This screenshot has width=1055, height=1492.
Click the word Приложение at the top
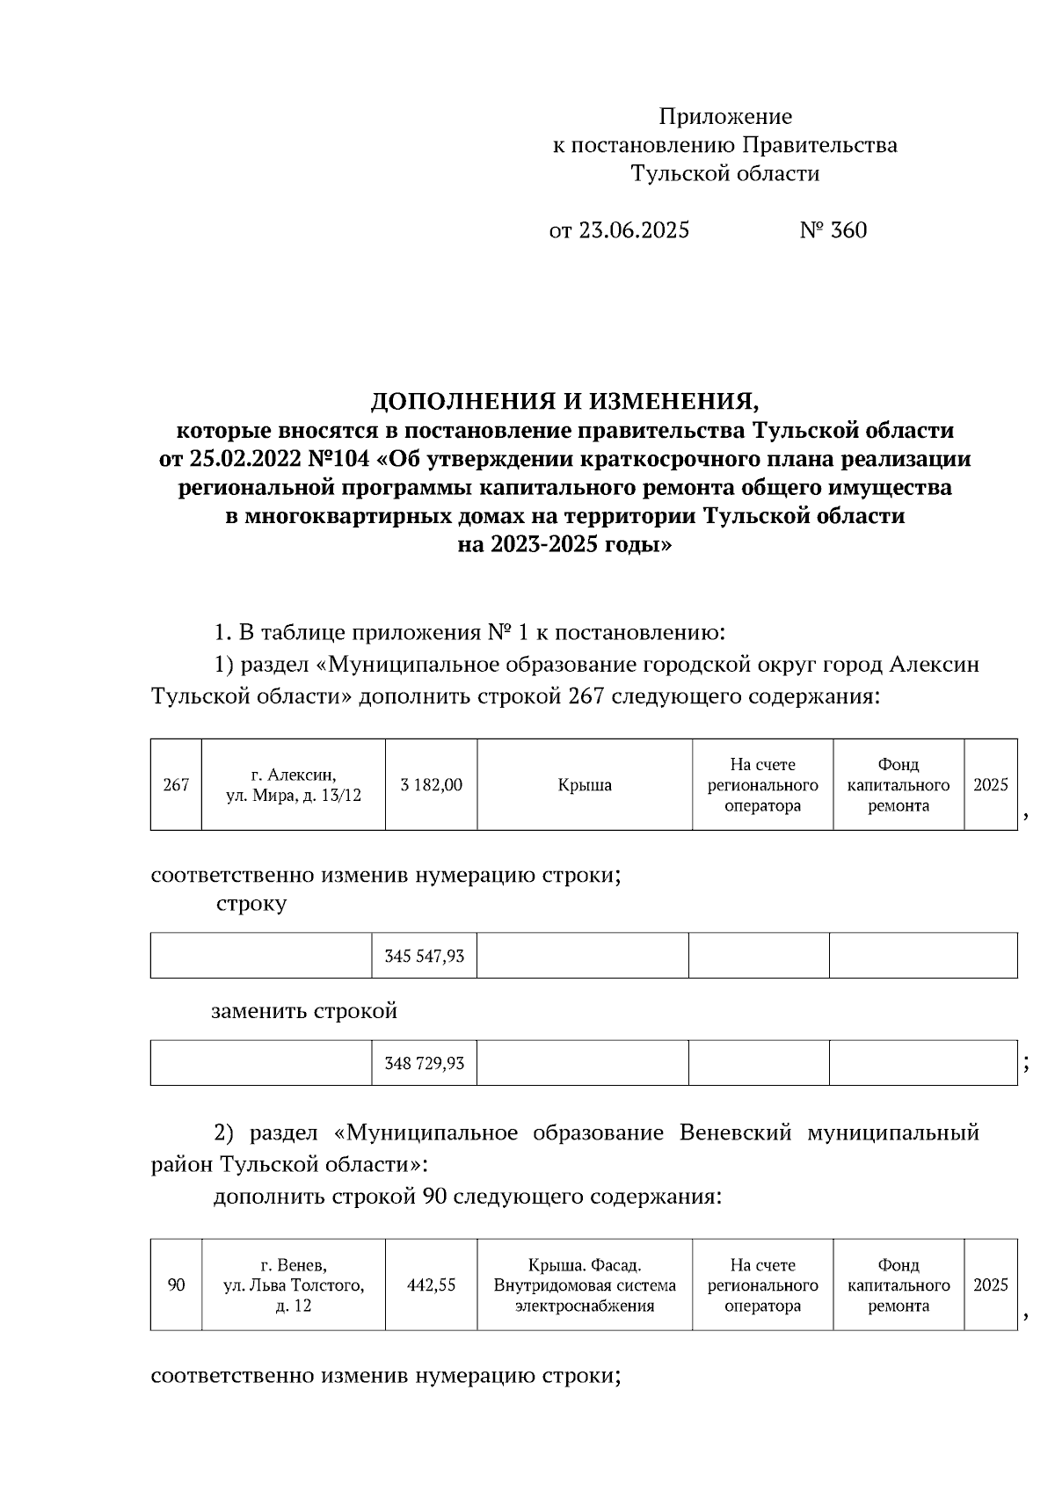[x=725, y=117]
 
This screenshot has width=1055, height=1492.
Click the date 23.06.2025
[x=633, y=230]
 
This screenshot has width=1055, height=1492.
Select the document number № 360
[x=833, y=230]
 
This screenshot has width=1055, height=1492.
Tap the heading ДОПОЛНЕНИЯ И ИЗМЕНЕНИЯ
[x=564, y=402]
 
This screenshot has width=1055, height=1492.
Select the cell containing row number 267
[x=176, y=785]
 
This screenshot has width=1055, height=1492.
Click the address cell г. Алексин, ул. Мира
[x=294, y=785]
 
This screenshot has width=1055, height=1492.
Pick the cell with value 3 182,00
[x=431, y=785]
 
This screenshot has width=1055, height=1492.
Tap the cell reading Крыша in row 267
[x=585, y=785]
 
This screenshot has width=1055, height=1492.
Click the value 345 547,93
[x=424, y=956]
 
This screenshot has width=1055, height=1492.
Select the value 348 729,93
[x=424, y=1064]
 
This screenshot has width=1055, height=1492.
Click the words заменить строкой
[x=304, y=1011]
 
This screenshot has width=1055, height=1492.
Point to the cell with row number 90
[x=176, y=1285]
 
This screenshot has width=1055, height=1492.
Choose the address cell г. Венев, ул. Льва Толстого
[x=294, y=1285]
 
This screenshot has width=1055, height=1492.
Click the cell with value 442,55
[x=431, y=1285]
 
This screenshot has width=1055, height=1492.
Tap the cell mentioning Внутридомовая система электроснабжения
[x=585, y=1285]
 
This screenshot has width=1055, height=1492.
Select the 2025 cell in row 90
[x=990, y=1285]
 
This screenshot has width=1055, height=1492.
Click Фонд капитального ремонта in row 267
[x=898, y=785]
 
